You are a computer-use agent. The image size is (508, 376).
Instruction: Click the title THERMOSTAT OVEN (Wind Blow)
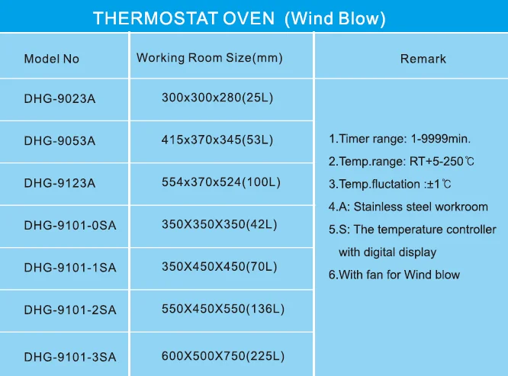click(x=240, y=18)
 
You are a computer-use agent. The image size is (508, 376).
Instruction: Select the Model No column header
click(x=52, y=59)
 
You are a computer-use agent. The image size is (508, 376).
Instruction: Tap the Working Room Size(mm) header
click(x=210, y=58)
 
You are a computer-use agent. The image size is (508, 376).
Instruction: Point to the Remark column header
click(x=423, y=59)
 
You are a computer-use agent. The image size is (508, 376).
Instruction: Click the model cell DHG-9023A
click(x=59, y=98)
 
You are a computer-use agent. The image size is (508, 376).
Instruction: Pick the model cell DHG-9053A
click(x=59, y=140)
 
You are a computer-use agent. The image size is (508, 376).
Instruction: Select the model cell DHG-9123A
click(x=59, y=183)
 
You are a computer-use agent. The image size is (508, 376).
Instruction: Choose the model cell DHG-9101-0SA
click(x=70, y=225)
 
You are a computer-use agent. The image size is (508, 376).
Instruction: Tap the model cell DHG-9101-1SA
click(x=70, y=268)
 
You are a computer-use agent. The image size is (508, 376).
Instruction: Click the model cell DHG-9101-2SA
click(x=70, y=310)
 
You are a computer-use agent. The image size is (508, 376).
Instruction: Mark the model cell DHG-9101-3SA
click(x=70, y=357)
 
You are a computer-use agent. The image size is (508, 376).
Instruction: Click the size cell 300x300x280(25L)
click(x=217, y=98)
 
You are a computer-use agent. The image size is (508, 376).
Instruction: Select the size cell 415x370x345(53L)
click(x=217, y=140)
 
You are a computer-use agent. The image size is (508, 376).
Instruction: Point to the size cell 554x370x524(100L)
click(x=221, y=182)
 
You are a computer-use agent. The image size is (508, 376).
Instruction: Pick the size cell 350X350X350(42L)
click(x=220, y=224)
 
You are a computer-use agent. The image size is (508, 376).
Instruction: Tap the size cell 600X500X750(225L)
click(x=223, y=356)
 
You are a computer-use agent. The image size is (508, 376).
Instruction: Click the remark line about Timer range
click(x=400, y=139)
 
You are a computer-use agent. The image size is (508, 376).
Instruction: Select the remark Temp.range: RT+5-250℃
click(x=401, y=161)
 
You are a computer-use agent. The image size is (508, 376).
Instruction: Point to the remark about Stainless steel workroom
click(x=408, y=207)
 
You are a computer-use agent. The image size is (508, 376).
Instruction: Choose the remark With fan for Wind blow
click(x=394, y=275)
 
